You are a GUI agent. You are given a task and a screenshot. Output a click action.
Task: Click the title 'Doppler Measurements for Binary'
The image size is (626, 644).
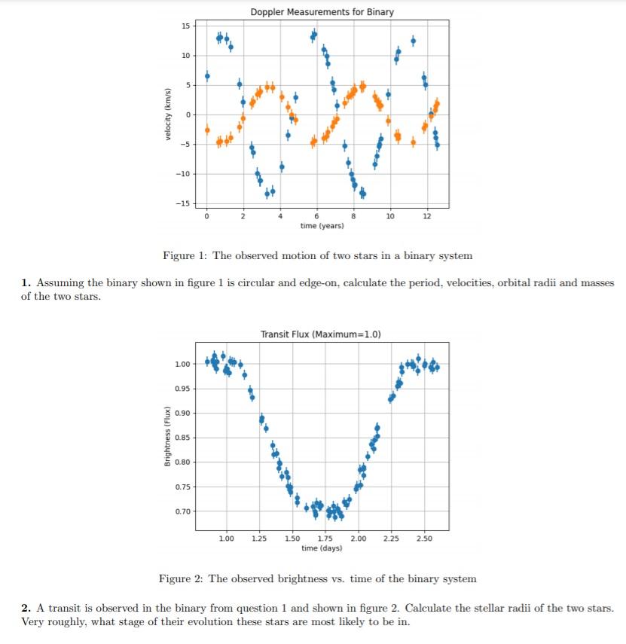coord(322,12)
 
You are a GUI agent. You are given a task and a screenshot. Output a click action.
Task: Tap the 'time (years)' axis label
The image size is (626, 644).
coord(322,226)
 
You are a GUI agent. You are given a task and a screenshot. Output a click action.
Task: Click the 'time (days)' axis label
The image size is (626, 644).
coord(322,548)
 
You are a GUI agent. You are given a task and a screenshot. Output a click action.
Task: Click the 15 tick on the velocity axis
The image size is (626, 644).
coord(186,26)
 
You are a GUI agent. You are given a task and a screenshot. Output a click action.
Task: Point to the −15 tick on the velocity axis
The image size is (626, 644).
coord(183,203)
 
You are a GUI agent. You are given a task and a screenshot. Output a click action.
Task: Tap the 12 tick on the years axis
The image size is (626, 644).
coord(427,217)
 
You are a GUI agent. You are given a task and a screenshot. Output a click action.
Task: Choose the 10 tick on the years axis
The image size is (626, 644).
coord(389,217)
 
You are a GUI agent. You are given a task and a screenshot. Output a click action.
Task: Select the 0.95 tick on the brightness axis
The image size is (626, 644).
coord(182,389)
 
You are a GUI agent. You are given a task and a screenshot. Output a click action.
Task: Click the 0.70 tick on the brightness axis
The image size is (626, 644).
coord(182,512)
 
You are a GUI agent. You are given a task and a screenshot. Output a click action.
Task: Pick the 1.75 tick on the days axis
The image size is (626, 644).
coord(326,539)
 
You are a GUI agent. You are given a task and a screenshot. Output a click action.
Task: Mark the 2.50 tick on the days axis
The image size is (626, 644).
coord(424,539)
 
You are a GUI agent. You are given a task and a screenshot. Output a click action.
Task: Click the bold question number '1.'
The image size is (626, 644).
coord(26,283)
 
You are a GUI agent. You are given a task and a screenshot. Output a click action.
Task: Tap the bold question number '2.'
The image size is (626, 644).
coord(26,607)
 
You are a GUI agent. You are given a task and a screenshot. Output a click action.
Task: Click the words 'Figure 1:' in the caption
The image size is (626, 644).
coord(185,255)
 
